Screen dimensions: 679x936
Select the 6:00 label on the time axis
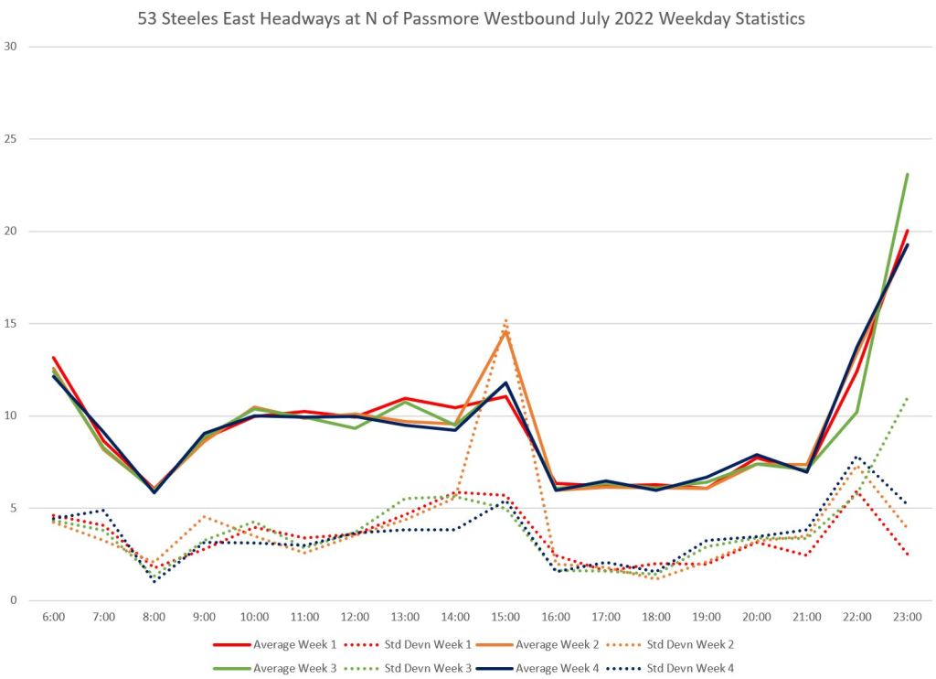click(x=53, y=618)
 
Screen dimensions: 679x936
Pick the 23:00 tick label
click(x=908, y=618)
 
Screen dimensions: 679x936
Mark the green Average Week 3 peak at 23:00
click(x=908, y=174)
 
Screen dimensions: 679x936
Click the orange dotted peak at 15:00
click(x=505, y=320)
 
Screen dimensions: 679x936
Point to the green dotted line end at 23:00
click(x=908, y=397)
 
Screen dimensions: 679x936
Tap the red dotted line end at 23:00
click(x=908, y=555)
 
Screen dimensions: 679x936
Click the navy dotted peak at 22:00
click(x=857, y=457)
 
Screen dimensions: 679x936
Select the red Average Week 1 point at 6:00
click(x=53, y=358)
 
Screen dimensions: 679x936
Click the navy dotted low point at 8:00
click(x=154, y=581)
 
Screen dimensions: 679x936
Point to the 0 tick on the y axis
click(x=14, y=600)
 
